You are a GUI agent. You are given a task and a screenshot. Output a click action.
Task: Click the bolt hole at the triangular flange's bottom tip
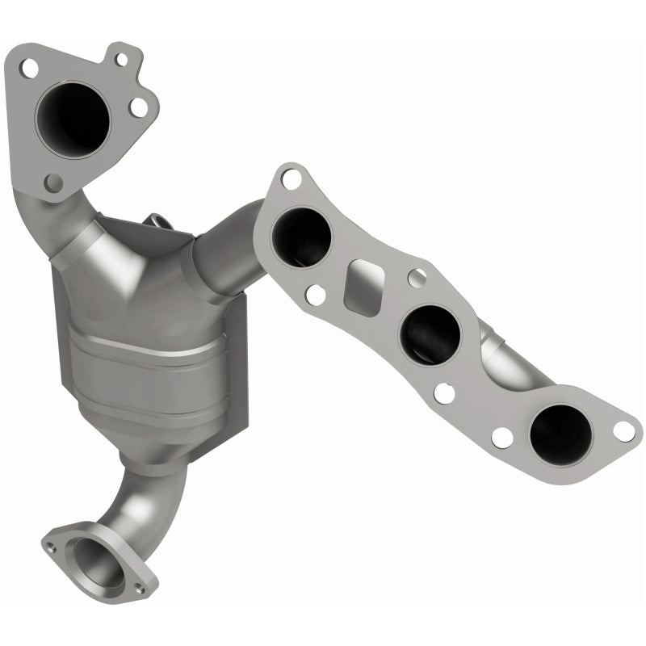pyautogui.click(x=53, y=183)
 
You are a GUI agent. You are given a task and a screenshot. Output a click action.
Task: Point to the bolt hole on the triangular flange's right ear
pyautogui.click(x=139, y=106)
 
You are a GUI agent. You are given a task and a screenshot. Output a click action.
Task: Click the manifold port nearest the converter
pyautogui.click(x=301, y=236)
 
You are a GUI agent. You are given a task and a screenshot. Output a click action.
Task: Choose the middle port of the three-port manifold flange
pyautogui.click(x=430, y=332)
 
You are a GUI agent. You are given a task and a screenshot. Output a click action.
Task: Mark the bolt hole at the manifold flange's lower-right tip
pyautogui.click(x=623, y=430)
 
